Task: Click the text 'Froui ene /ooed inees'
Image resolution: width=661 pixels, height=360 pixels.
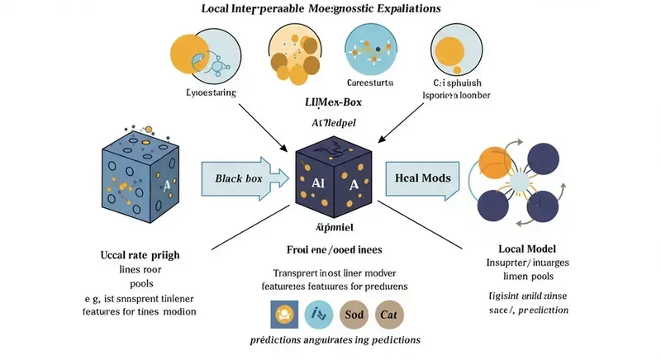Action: pyautogui.click(x=330, y=249)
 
